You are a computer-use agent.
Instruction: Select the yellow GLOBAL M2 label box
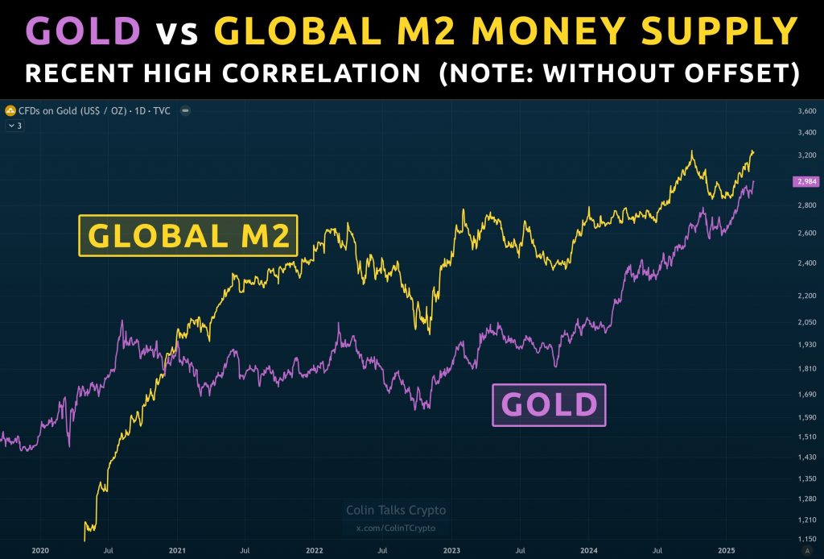[x=188, y=235]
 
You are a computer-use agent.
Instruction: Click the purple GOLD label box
[x=549, y=404]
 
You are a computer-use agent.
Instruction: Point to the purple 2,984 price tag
[x=806, y=182]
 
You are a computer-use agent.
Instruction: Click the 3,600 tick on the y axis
[x=805, y=111]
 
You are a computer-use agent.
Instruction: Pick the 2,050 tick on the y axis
[x=805, y=322]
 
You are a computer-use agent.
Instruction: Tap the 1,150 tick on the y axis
[x=805, y=539]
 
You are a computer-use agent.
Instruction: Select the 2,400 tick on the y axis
[x=805, y=263]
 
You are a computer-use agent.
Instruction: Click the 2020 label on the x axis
[x=40, y=550]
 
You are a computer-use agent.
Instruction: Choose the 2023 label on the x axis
[x=451, y=550]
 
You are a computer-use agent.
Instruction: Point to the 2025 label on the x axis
[x=726, y=550]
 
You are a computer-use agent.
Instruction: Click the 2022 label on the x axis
[x=315, y=550]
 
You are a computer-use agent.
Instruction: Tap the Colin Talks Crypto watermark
[x=395, y=511]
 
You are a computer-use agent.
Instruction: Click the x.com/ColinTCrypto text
[x=395, y=528]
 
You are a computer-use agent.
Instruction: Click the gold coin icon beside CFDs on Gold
[x=10, y=110]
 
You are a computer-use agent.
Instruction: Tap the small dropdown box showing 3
[x=14, y=126]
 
